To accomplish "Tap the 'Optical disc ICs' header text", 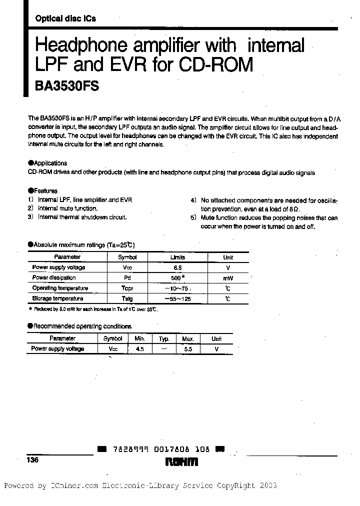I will coord(65,18).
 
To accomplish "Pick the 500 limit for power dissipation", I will coord(176,278).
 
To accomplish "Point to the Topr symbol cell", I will coord(127,288).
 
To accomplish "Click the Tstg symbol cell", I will coord(127,299).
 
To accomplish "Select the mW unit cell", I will coord(228,278).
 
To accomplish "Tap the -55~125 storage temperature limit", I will coord(177,299).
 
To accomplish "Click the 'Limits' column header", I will coord(177,257).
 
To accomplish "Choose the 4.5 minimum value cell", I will coord(139,349).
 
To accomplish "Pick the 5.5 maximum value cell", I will coord(188,349).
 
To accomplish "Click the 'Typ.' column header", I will coord(164,339).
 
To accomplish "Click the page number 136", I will coord(34,460).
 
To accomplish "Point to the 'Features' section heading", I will coord(45,190).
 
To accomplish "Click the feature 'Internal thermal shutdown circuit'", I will coord(82,217).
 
